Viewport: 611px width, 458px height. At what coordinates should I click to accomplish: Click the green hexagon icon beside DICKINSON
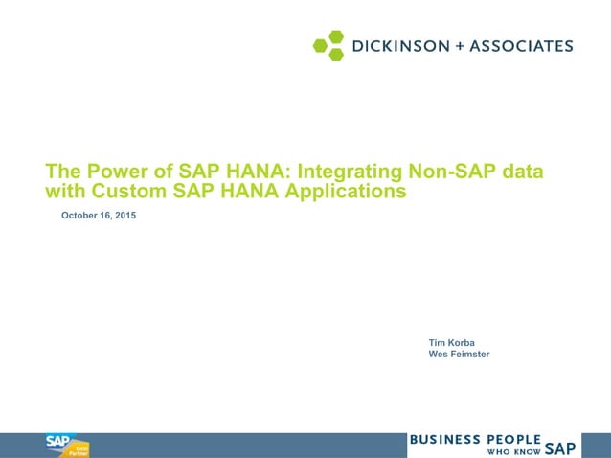[x=329, y=45]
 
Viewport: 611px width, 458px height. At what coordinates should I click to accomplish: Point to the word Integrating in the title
[x=351, y=172]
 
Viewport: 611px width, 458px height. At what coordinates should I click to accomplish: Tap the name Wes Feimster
[x=459, y=355]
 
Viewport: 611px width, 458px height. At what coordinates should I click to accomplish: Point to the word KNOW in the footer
[x=527, y=450]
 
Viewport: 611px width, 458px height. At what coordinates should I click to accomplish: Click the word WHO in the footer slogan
[x=498, y=450]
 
